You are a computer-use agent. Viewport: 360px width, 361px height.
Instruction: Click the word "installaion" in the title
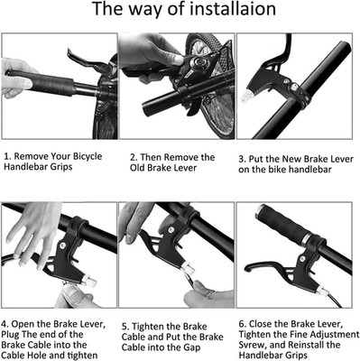233,9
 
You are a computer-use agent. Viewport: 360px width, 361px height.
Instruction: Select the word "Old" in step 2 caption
137,168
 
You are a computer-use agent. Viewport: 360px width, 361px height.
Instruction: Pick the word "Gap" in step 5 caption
191,347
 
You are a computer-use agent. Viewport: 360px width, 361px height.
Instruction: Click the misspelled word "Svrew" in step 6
252,345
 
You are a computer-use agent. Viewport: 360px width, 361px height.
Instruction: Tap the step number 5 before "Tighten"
125,327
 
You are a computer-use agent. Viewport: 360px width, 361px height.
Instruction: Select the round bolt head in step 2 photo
198,63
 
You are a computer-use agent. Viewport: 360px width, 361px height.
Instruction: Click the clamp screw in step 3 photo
293,87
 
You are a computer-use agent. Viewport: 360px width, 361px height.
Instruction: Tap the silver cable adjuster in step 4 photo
89,282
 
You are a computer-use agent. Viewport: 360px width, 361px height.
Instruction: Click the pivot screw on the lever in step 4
63,245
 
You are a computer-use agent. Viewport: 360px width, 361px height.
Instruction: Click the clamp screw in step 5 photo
171,230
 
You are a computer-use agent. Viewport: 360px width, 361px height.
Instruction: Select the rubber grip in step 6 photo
283,224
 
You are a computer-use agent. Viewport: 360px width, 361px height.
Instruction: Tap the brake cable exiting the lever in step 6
335,301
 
